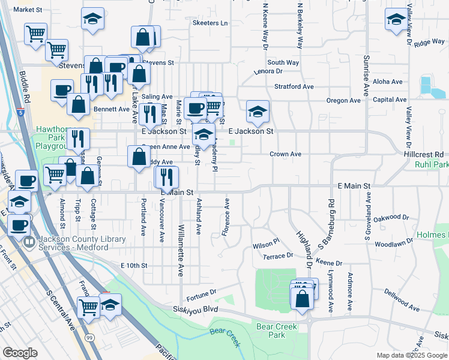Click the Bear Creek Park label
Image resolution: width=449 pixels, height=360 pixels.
[x=277, y=331]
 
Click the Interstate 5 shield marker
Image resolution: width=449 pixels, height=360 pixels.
[x=21, y=112]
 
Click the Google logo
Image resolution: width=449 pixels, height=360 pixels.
[x=20, y=353]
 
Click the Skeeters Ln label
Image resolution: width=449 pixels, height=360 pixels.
[x=210, y=23]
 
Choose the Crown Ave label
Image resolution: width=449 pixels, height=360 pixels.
[x=285, y=154]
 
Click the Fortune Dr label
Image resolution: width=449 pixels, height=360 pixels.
[x=200, y=293]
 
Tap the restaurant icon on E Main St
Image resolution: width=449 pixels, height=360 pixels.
[x=166, y=176]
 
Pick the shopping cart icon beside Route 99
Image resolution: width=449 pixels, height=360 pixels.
[x=89, y=307]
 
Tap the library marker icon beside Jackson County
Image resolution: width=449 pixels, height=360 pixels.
[x=29, y=243]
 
